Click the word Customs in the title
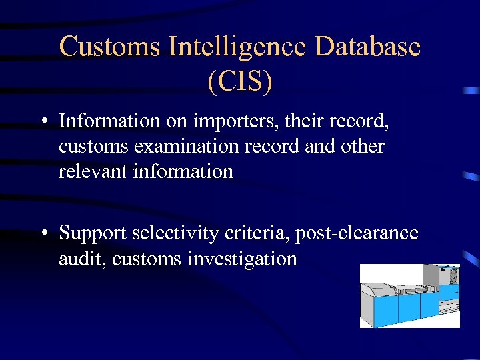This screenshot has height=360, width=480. point(110,47)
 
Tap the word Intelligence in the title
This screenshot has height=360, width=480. point(237,47)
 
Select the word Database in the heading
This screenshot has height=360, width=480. point(367,47)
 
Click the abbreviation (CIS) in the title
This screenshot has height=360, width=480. point(240,81)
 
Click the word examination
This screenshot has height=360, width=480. point(193,147)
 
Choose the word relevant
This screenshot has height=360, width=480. point(94,171)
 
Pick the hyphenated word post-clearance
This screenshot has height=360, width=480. point(357,233)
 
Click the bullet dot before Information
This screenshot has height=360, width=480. point(43,123)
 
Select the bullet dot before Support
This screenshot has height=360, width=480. point(43,234)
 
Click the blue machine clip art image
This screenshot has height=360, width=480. point(409,296)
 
